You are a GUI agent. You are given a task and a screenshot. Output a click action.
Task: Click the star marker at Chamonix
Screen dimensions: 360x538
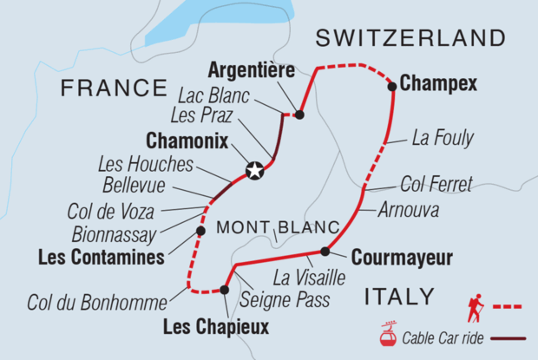(254, 171)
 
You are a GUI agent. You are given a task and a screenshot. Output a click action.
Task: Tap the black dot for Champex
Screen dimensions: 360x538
(392, 86)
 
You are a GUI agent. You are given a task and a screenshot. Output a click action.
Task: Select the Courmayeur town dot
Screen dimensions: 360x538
(325, 252)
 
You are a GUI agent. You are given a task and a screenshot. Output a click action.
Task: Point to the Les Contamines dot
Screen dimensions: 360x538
(200, 232)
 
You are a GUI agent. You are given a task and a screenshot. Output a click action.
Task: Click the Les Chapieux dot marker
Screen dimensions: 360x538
(224, 290)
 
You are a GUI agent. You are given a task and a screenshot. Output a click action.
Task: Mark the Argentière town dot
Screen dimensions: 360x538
(299, 114)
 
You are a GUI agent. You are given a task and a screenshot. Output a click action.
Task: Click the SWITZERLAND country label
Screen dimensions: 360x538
(410, 38)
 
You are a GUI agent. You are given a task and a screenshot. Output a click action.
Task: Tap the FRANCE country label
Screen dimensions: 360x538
(113, 88)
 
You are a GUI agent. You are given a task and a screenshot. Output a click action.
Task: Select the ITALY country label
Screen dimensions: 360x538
(399, 297)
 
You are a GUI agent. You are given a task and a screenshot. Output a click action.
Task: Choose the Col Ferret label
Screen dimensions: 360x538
(436, 184)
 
